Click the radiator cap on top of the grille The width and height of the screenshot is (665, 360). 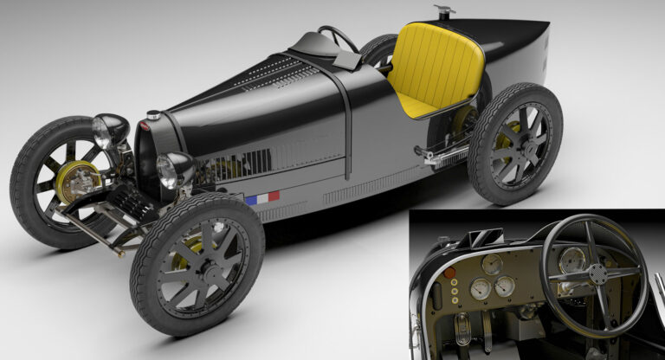point(153,115)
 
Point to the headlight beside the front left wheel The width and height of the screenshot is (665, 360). point(109,130)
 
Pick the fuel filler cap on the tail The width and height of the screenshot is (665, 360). point(444,12)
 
